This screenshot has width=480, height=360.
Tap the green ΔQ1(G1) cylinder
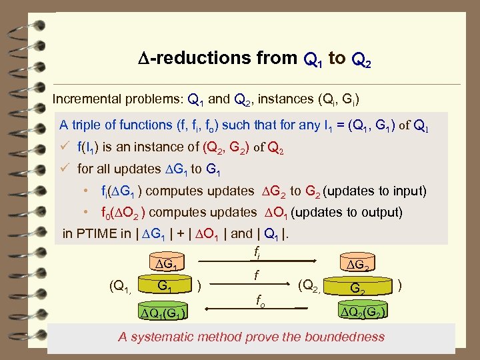pos(162,312)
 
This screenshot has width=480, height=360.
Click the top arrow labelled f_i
pos(259,261)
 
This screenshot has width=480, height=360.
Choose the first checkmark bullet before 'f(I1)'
pos(64,147)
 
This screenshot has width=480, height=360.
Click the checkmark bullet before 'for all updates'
pos(64,169)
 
